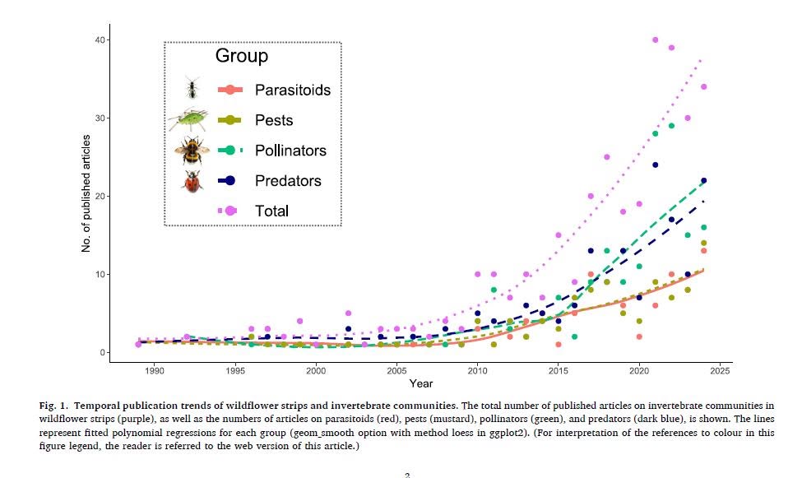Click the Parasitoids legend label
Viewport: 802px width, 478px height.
pyautogui.click(x=293, y=90)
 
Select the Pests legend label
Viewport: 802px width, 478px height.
pyautogui.click(x=274, y=120)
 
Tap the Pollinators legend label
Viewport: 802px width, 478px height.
pyautogui.click(x=290, y=151)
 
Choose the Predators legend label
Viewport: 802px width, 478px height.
pyautogui.click(x=288, y=181)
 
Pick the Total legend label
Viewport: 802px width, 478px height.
pyautogui.click(x=271, y=211)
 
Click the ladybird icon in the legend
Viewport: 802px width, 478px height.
pyautogui.click(x=192, y=181)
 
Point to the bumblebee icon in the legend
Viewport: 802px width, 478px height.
pyautogui.click(x=192, y=151)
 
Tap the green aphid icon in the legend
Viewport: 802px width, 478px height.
pyautogui.click(x=188, y=119)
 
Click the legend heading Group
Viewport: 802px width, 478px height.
pyautogui.click(x=241, y=56)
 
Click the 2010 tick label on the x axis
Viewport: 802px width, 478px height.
pyautogui.click(x=477, y=370)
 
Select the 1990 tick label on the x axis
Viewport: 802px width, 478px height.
pyautogui.click(x=155, y=370)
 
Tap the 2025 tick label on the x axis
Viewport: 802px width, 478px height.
pyautogui.click(x=720, y=370)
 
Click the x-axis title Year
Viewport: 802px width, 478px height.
pyautogui.click(x=421, y=383)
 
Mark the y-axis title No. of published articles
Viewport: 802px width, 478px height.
pyautogui.click(x=86, y=193)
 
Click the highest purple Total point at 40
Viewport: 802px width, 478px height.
pyautogui.click(x=656, y=40)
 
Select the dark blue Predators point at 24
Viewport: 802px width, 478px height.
pyautogui.click(x=656, y=165)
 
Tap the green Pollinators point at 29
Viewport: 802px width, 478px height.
pyautogui.click(x=671, y=126)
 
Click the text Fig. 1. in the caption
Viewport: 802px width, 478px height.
pyautogui.click(x=53, y=406)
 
